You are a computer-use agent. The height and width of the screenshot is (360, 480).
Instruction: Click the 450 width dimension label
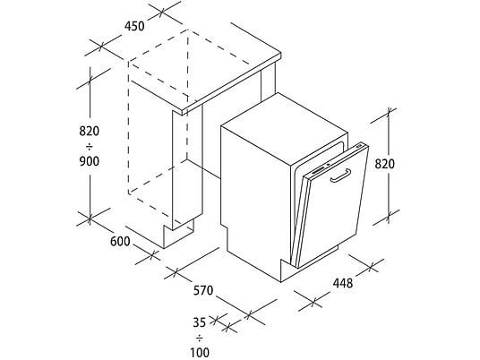(134, 26)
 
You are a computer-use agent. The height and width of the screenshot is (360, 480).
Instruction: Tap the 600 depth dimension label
(120, 242)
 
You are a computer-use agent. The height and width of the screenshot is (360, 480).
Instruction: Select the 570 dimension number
(203, 290)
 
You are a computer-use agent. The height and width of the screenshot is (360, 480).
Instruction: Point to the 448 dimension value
(343, 284)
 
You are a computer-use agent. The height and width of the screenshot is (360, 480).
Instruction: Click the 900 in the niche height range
(90, 161)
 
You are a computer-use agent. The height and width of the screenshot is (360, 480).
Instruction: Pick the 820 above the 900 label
(90, 131)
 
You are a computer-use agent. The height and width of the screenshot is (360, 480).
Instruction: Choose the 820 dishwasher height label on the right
(385, 165)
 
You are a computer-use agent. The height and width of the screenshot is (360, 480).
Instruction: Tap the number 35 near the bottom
(200, 322)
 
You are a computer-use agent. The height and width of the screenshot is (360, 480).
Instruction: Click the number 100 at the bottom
(200, 352)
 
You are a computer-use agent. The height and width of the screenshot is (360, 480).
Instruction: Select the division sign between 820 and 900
(89, 148)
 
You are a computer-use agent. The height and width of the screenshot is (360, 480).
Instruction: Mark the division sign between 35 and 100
(200, 339)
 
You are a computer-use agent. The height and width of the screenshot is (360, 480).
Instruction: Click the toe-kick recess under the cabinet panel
(178, 234)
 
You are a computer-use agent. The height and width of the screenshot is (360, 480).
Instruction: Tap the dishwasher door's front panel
(334, 208)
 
